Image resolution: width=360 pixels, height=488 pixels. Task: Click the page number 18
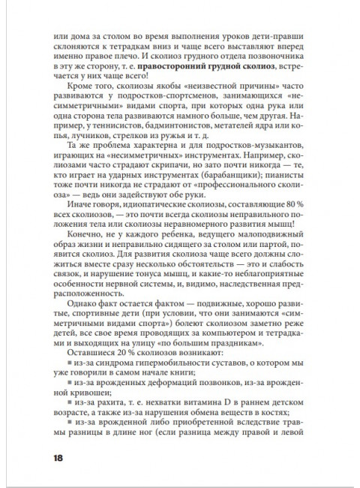58,457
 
